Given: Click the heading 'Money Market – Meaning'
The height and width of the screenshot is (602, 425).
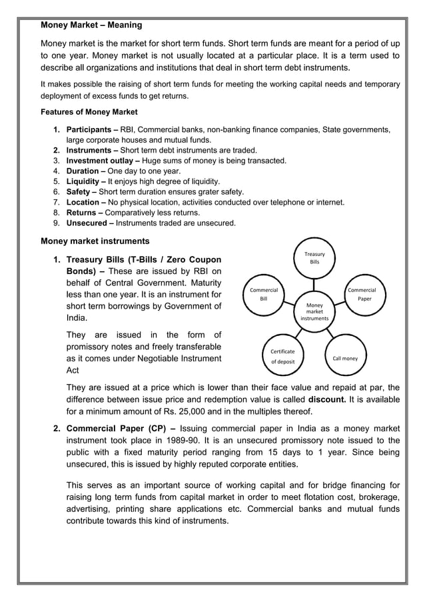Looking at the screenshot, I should [91, 25].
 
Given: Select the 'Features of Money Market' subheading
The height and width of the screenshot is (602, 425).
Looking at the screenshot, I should [89, 111].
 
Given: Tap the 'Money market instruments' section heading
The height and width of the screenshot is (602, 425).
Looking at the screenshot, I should [95, 241].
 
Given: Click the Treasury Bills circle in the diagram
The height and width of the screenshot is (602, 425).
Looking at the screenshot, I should [314, 258].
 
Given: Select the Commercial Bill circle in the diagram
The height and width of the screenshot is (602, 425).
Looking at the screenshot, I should [263, 294].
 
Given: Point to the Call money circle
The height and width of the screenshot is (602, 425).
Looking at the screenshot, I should [345, 359].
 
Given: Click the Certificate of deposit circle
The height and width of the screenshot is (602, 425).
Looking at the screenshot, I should [282, 356].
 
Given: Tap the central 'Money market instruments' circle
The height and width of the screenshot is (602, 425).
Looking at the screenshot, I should [314, 311].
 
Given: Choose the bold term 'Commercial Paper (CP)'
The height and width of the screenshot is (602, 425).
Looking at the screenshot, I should [117, 429].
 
